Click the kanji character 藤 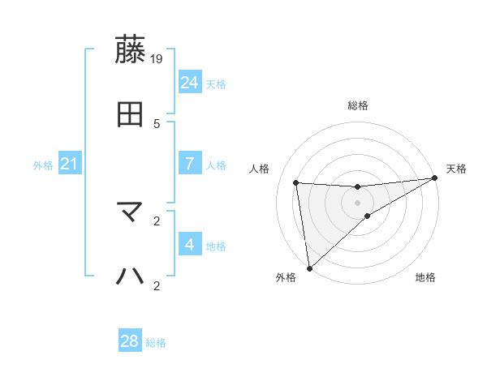pos(131,50)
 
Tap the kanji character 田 pos(131,114)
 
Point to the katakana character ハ pos(131,276)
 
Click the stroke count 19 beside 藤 pos(157,59)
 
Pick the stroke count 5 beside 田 pos(157,123)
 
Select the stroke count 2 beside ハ pos(157,285)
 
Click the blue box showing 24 pos(190,82)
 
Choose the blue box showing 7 pos(190,164)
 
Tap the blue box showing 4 pos(190,244)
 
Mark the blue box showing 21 pos(70,164)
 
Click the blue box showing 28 pos(130,341)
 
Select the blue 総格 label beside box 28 pos(156,343)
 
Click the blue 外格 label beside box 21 pos(43,165)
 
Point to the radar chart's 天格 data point pos(435,179)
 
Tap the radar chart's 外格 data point pos(308,268)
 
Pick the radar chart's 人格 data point pos(296,182)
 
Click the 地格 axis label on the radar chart pos(425,278)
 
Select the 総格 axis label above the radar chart pos(358,105)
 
